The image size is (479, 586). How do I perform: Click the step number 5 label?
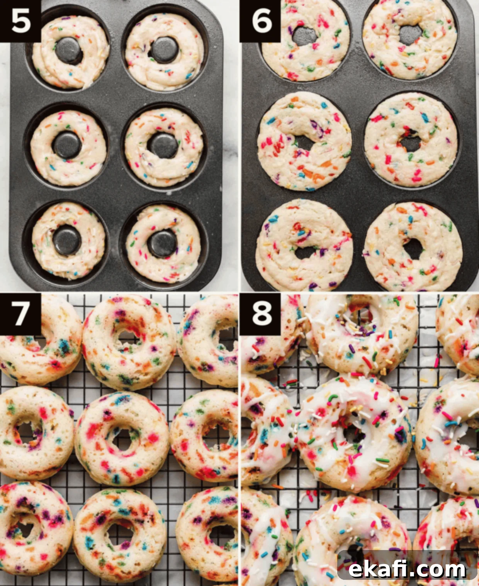tap(20, 21)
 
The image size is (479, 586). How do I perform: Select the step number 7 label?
tap(20, 314)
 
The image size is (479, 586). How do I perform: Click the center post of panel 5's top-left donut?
tap(69, 51)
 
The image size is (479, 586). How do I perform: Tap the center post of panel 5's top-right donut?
tap(165, 49)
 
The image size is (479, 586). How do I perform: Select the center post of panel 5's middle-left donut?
tap(67, 145)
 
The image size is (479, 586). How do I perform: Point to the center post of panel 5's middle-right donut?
tap(163, 145)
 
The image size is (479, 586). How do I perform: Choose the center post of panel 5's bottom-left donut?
tap(67, 240)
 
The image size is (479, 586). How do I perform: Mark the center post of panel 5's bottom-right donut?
tap(163, 243)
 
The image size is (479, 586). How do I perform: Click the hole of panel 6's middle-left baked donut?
tap(305, 142)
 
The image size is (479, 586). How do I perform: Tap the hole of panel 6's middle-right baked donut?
tap(410, 142)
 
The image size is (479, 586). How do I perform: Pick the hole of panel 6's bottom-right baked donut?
tap(414, 248)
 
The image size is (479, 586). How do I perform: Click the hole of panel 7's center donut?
tap(122, 439)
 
